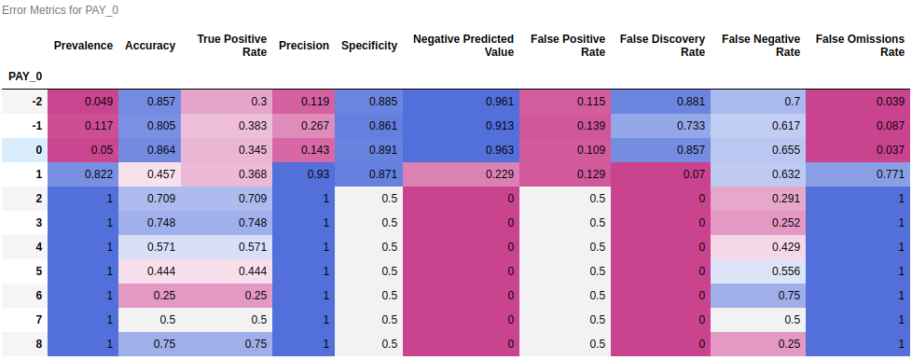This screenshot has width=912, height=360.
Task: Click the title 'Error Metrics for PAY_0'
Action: tap(60, 10)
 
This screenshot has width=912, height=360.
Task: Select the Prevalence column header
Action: tap(83, 46)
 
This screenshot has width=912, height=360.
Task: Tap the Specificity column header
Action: tap(369, 46)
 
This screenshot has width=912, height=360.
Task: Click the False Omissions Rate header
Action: tap(860, 46)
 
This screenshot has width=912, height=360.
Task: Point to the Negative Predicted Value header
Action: tap(463, 46)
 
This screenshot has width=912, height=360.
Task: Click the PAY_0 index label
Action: tap(25, 76)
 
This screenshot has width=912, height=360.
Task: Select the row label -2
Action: tap(36, 102)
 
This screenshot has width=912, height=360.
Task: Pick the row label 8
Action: tap(39, 344)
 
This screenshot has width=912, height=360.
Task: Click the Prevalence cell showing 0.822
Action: tap(83, 174)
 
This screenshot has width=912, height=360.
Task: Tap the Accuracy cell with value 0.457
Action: tap(149, 174)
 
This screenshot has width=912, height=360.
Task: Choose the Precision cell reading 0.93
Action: tap(303, 174)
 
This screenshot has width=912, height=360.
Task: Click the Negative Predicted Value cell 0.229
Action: tap(461, 174)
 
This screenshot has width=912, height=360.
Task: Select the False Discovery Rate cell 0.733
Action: tap(661, 126)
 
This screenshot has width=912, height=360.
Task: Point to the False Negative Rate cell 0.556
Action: tap(758, 271)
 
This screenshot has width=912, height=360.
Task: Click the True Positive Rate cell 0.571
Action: tap(227, 247)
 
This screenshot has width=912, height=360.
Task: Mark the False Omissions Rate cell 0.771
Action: tap(859, 174)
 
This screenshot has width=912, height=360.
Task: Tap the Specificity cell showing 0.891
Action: tap(368, 150)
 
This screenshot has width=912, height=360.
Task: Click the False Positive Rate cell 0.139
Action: tap(565, 126)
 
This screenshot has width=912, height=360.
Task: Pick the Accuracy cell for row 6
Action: tap(149, 296)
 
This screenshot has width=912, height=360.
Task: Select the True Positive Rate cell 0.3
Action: tap(227, 102)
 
